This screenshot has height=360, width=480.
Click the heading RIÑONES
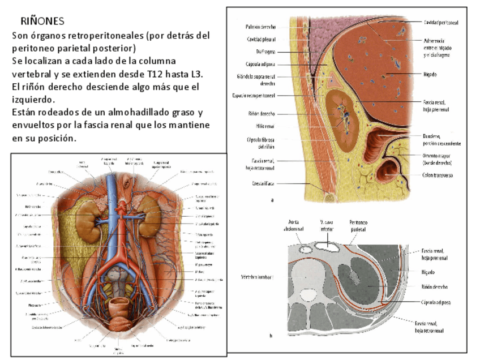42,22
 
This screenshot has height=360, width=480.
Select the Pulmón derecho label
261,27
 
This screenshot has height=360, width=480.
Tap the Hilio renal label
265,125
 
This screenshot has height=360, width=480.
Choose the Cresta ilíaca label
264,183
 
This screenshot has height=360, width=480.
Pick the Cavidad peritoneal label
441,22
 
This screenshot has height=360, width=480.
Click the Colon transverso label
438,175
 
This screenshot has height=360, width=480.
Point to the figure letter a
273,200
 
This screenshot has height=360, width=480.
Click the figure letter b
271,336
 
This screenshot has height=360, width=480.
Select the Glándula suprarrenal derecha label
257,79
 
